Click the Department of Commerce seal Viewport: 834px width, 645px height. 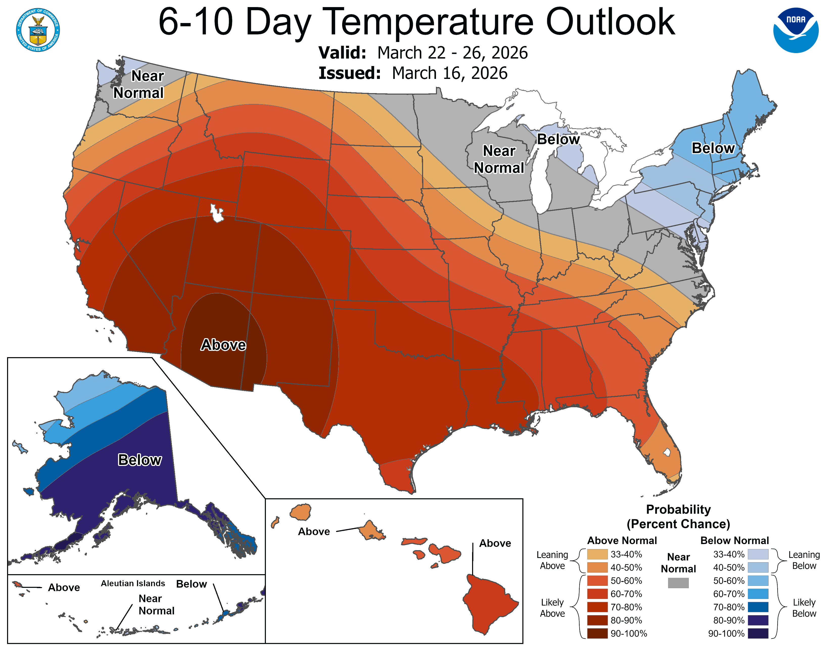(38, 30)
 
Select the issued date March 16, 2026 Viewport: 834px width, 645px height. (449, 73)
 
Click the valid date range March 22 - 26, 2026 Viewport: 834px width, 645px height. (452, 53)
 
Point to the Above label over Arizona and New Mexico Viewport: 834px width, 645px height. (223, 345)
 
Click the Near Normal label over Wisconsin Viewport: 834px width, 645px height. (499, 159)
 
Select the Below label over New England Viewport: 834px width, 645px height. (713, 148)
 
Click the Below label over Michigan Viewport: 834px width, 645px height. (558, 139)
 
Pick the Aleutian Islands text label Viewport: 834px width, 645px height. (133, 584)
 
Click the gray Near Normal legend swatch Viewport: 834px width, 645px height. (678, 583)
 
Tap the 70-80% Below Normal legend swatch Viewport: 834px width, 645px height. (758, 607)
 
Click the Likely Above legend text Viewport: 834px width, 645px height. (552, 608)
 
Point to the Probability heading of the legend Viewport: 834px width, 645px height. (678, 509)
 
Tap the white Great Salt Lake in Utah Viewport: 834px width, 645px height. (217, 213)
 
